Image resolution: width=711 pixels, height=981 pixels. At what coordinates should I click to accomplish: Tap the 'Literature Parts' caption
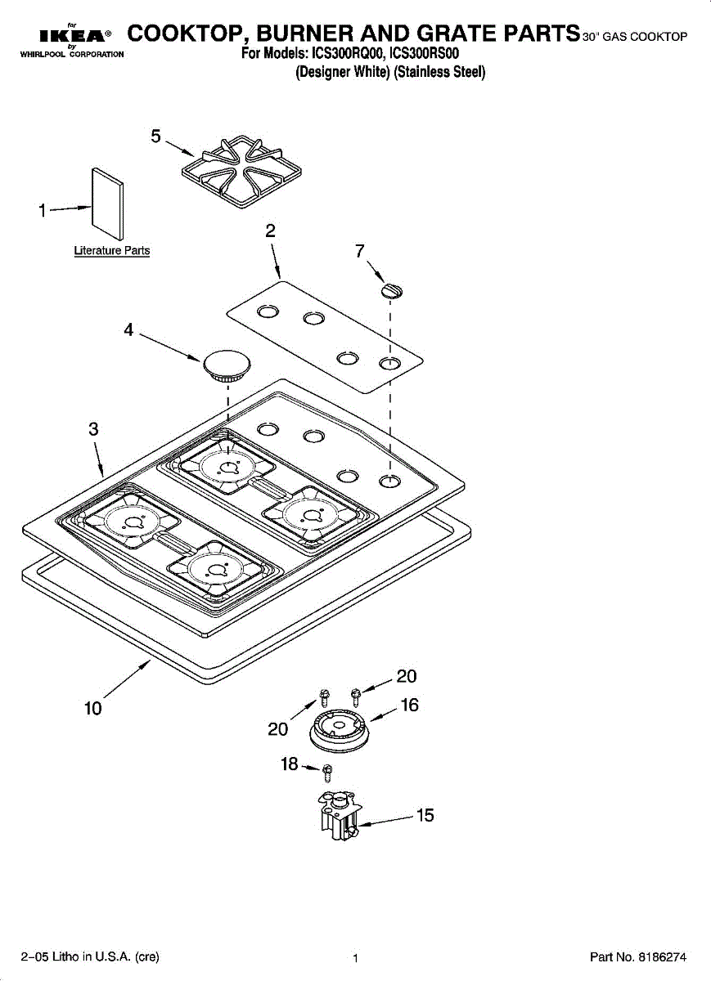point(112,251)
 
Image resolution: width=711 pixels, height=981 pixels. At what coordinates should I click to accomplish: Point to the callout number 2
point(271,231)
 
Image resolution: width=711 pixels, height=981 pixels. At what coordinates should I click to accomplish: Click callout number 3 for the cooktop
point(94,429)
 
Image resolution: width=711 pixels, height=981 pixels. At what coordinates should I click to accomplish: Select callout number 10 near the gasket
point(93,708)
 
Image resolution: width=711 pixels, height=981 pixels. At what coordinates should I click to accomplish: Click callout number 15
point(425,815)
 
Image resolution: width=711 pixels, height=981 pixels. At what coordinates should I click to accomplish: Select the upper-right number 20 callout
point(407,676)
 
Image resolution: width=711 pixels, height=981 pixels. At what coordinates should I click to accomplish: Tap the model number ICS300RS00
point(426,55)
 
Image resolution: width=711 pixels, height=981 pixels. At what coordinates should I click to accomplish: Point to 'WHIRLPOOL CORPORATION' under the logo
point(65,55)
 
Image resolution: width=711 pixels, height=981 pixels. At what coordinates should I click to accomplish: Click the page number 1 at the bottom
point(356,957)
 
